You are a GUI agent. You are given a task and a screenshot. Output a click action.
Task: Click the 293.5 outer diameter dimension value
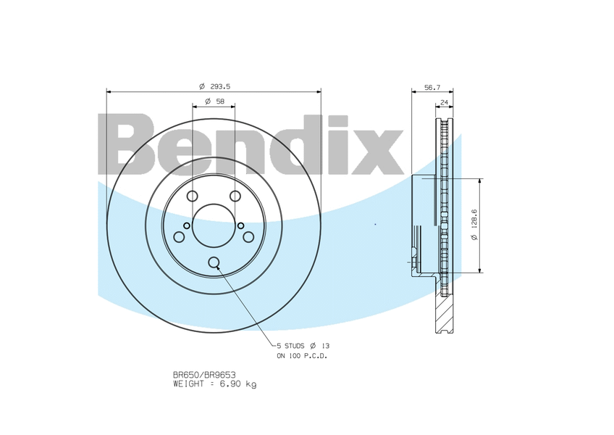(214, 86)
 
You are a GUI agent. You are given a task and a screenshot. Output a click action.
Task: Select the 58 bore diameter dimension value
(214, 101)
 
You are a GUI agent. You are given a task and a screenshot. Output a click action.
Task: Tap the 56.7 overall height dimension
(432, 86)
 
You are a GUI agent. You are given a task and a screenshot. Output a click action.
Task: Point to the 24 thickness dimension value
(444, 102)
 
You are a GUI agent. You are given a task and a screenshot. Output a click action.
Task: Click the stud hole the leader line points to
(214, 263)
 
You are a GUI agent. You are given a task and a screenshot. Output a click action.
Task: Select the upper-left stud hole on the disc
(192, 196)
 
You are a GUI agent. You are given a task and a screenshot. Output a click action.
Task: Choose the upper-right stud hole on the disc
(235, 196)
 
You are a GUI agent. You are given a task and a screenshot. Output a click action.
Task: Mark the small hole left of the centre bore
(187, 225)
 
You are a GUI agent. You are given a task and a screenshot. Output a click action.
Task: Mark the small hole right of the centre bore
(240, 225)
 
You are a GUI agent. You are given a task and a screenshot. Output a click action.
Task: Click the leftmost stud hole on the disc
(179, 237)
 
